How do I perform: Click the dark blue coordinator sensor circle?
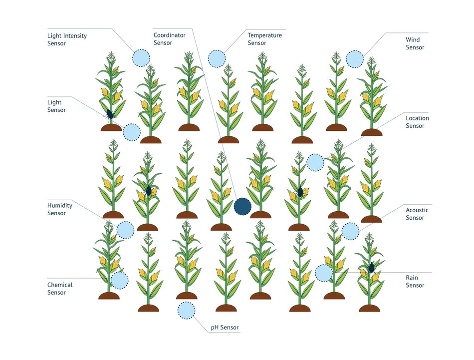[x=242, y=207]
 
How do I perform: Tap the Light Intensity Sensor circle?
[x=141, y=58]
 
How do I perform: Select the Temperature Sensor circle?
[x=217, y=58]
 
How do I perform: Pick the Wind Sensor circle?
[x=355, y=59]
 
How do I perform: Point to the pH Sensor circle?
[x=186, y=311]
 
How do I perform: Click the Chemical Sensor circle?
[x=119, y=281]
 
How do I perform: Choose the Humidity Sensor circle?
[x=125, y=230]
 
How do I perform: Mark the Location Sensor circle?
[x=315, y=162]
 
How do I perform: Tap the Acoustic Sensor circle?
[x=350, y=232]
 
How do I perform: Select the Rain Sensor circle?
[x=324, y=273]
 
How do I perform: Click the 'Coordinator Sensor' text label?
[x=169, y=39]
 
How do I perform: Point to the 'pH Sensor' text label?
[x=225, y=328]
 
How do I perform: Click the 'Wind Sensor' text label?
[x=415, y=43]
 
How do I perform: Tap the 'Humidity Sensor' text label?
[x=59, y=209]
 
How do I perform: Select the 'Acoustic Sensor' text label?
[x=417, y=214]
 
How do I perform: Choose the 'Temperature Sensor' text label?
[x=264, y=39]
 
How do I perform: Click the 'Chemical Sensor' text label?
[x=60, y=289]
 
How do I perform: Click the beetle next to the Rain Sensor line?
[x=372, y=268]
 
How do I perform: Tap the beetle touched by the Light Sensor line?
[x=110, y=114]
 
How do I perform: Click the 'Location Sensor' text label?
[x=417, y=122]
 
